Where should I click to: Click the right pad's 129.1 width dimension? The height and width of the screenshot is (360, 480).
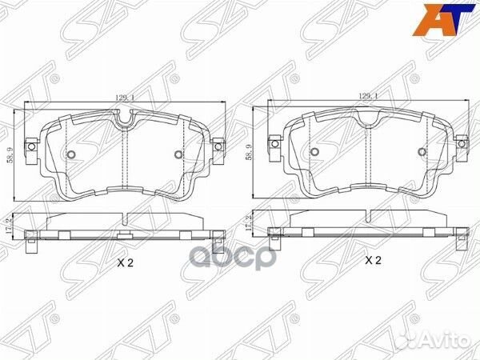tap(367, 96)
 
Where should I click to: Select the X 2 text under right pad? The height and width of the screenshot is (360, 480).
tap(373, 261)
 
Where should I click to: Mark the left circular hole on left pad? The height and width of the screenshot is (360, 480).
tap(71, 155)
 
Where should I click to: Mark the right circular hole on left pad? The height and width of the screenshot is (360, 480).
tap(178, 155)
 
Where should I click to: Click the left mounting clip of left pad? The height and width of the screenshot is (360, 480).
tap(32, 147)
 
